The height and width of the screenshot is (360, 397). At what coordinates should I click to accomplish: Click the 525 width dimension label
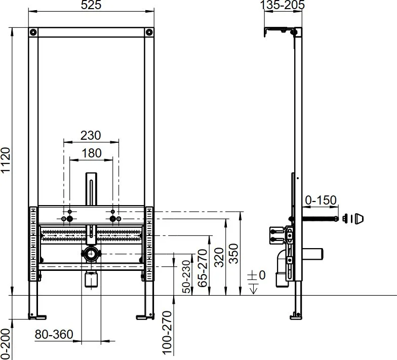[x=91, y=5]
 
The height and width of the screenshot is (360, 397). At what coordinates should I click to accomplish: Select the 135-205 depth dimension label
[x=283, y=5]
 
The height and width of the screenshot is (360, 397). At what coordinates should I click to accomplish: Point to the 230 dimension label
[x=91, y=135]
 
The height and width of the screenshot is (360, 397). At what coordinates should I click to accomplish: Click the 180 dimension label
[x=92, y=153]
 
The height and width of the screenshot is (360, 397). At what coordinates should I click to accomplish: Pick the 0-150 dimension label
[x=321, y=201]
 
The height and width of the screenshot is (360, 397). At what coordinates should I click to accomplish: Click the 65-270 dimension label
[x=203, y=268]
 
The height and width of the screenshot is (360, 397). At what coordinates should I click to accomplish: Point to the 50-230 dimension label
[x=186, y=276]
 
